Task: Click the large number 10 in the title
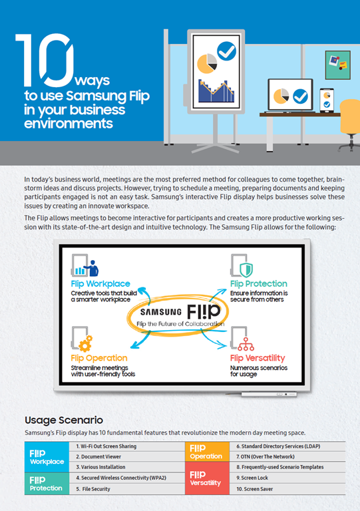pos(45,60)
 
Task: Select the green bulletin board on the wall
pos(338,65)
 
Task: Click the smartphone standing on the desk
pos(327,100)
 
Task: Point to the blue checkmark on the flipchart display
pos(226,51)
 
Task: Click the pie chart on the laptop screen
pos(281,96)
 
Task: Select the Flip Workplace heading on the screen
pos(100,284)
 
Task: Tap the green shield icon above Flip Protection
pos(246,270)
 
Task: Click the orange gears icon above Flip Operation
pos(86,343)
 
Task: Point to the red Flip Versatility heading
pos(258,358)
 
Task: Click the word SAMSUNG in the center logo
pos(160,312)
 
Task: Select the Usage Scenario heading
pos(64,420)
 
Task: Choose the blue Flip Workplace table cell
pos(47,457)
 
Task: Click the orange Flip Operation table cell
pos(207,452)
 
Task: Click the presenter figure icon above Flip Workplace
pos(92,268)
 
